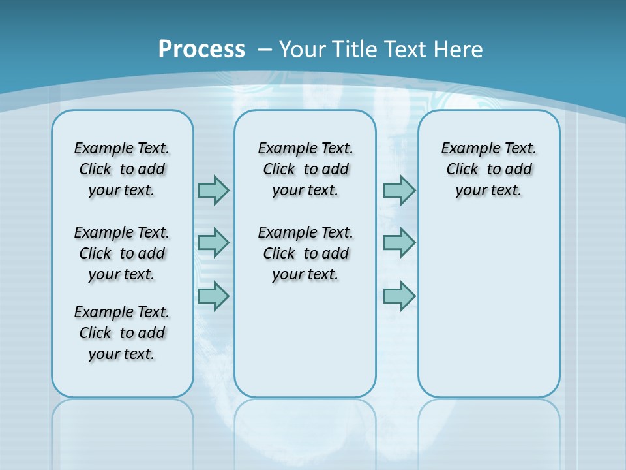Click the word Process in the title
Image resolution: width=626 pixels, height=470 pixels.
[x=201, y=49]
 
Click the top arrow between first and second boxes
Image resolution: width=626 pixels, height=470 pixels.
[x=213, y=190]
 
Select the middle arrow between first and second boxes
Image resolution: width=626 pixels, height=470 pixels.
[x=213, y=243]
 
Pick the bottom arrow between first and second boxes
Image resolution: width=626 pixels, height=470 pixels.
[x=213, y=296]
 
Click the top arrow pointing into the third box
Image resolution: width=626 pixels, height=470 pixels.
[x=399, y=190]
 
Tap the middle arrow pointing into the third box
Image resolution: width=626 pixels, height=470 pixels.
[x=399, y=243]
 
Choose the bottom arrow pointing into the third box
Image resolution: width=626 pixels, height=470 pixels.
[x=399, y=296]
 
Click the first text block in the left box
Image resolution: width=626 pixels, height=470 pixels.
[x=122, y=169]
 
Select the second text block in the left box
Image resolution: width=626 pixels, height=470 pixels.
[x=122, y=253]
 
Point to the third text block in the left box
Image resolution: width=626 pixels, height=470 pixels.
[x=122, y=333]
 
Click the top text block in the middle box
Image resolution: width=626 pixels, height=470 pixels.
[x=305, y=169]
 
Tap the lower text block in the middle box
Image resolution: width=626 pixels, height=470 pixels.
[x=305, y=253]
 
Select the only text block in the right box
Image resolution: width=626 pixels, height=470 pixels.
[x=488, y=169]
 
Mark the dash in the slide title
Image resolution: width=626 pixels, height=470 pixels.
[x=265, y=50]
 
